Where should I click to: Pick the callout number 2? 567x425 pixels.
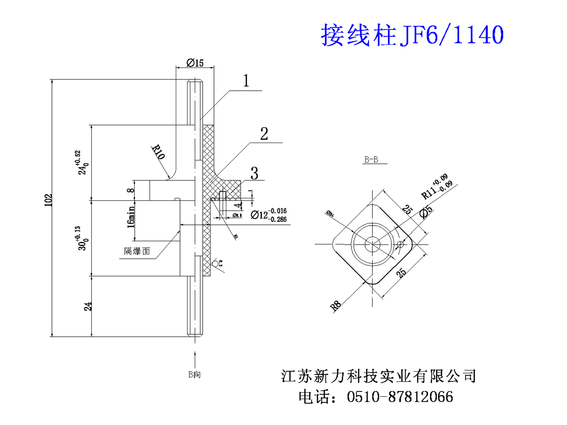(264, 134)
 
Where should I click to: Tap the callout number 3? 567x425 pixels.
(254, 173)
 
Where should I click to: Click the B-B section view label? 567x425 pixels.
(371, 160)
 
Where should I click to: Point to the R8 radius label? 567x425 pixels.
(335, 306)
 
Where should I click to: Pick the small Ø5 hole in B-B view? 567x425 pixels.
(401, 244)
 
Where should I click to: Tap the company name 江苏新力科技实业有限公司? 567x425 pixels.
(378, 376)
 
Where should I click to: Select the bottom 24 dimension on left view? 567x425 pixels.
(87, 306)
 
